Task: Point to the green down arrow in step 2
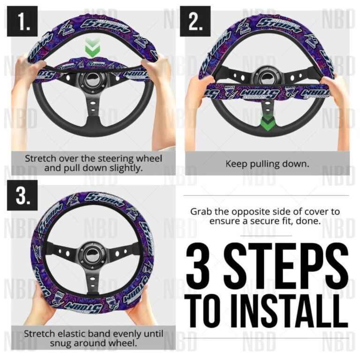(x=266, y=123)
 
